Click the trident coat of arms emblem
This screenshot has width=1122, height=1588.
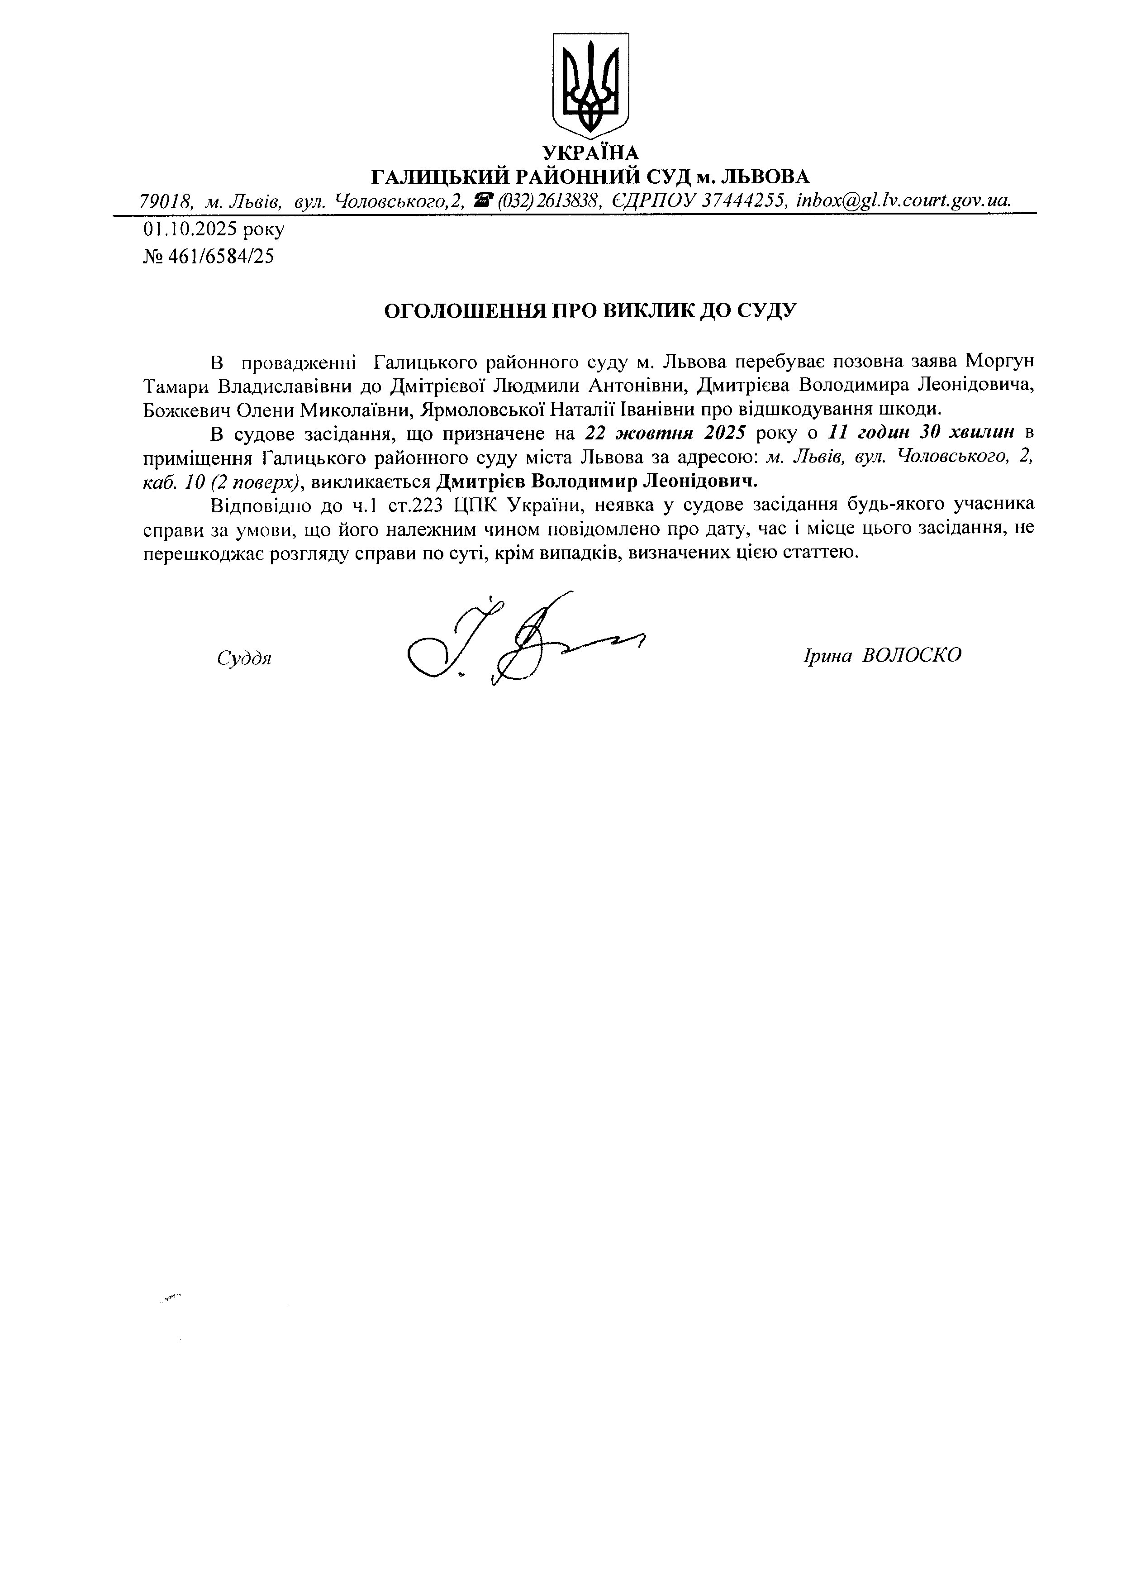590,84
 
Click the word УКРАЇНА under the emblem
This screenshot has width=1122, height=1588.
590,153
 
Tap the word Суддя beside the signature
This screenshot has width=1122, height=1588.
244,658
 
